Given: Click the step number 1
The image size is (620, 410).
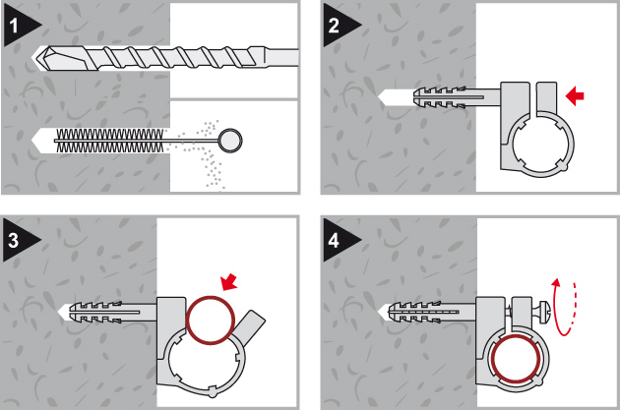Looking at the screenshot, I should coord(13,24).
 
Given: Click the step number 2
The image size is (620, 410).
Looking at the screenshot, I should coord(334,24).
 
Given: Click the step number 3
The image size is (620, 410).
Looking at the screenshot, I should coord(13,236).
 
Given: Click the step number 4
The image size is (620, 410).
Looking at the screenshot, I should coord(334,236).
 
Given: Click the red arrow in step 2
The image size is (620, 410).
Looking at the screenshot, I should coord(576,95).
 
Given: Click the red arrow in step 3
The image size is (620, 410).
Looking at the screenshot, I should coord(229,282).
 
